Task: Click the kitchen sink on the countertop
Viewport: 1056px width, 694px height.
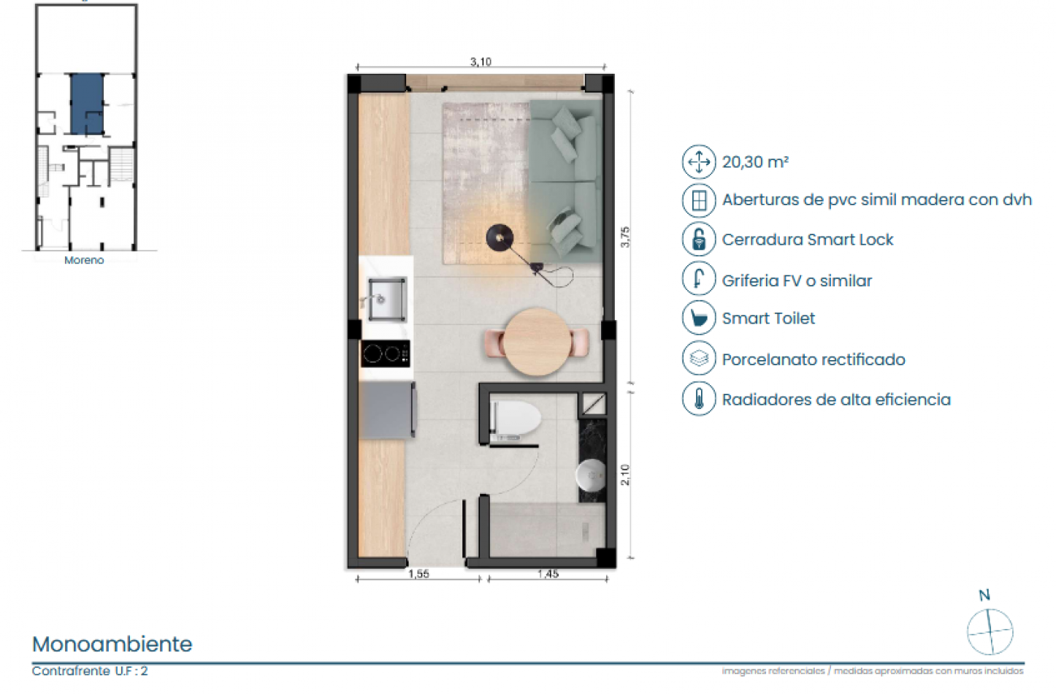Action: [x=386, y=299]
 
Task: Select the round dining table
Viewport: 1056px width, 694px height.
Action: [x=537, y=342]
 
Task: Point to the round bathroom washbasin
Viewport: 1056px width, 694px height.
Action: [x=590, y=476]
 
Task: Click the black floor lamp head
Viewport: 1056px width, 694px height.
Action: [x=500, y=236]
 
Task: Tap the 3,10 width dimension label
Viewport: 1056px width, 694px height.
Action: [x=481, y=62]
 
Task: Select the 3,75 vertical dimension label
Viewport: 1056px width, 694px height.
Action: [x=624, y=237]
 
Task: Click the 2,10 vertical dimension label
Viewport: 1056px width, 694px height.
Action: [x=624, y=475]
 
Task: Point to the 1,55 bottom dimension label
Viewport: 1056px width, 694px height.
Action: [x=418, y=574]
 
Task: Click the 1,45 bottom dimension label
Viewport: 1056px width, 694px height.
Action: [x=548, y=574]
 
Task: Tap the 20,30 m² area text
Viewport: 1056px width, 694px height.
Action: [x=755, y=162]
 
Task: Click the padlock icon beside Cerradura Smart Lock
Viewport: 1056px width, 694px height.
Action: [x=699, y=240]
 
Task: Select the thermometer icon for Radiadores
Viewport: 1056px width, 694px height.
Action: [x=699, y=400]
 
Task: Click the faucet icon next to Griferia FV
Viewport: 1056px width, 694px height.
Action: [x=699, y=279]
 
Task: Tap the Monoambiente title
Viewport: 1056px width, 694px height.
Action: [x=112, y=644]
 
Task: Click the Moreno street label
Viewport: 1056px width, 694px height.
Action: [x=84, y=260]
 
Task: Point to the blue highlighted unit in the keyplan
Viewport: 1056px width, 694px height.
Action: [x=87, y=104]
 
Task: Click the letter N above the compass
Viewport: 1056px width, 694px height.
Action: [x=984, y=595]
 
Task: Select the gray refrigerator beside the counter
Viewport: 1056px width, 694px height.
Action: [x=388, y=410]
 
